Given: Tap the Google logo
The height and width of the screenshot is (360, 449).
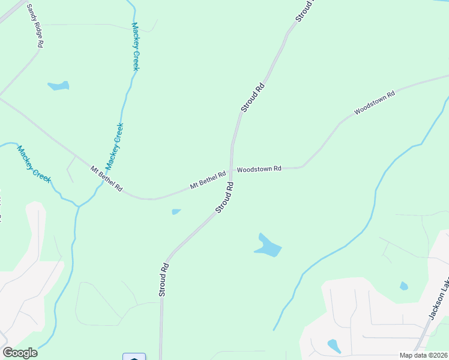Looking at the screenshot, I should coord(20,353).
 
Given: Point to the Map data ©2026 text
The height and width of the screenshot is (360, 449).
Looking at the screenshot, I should coord(424,355).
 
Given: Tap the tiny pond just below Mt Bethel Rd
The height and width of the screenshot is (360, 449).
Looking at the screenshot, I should coord(176,211).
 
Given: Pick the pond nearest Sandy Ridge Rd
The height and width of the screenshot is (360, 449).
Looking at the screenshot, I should coord(58,86).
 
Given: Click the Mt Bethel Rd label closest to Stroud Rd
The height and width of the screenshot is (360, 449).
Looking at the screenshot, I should coord(208,180).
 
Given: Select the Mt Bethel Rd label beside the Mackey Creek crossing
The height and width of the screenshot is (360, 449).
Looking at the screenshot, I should coord(106,179).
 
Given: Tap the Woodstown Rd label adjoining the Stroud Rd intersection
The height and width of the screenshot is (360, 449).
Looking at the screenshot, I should coord(259,169).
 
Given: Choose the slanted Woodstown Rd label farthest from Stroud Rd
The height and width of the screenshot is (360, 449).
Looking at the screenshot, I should coord(375,103).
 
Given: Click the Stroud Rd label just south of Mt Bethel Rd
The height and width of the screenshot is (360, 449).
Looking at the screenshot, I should coord(224,198).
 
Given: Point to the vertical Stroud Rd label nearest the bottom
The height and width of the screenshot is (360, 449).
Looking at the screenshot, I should coord(162,279).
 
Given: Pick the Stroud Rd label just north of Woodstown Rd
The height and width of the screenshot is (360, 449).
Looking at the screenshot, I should coord(252,98).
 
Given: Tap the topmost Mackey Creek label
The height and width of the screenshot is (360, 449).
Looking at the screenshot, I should coord(135,47).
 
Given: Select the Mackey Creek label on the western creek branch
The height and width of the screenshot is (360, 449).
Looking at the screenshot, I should coord(34,164).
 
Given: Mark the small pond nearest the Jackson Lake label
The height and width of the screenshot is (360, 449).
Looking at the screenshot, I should coord(404,286).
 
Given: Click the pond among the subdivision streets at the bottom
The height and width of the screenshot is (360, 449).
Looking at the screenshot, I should coord(334,346).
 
